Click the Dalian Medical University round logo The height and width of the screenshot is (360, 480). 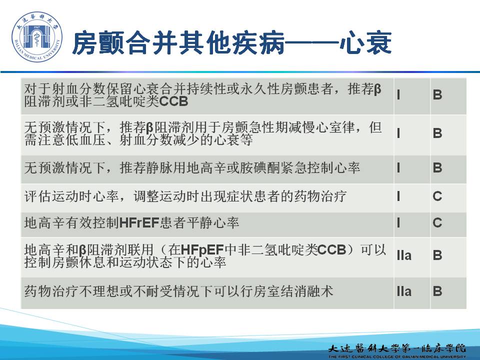(x=36, y=36)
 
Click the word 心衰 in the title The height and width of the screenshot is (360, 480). (x=365, y=43)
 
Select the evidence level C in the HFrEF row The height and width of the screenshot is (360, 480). (x=437, y=222)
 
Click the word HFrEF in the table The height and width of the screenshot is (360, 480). (x=139, y=222)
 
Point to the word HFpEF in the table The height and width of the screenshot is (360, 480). (x=202, y=250)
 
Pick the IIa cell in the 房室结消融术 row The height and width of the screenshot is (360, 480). (x=404, y=291)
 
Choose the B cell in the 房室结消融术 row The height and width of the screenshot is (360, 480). (x=437, y=291)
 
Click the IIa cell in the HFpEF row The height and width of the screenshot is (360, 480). (x=404, y=255)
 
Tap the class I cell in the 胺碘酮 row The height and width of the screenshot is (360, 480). (x=398, y=168)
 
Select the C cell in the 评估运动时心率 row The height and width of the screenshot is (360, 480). (x=437, y=196)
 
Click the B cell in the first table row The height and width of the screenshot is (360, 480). (x=437, y=95)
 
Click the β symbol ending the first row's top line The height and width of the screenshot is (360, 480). (x=377, y=89)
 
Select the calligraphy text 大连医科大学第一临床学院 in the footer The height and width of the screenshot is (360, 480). (x=397, y=348)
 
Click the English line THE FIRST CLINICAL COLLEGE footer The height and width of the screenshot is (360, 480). (x=397, y=356)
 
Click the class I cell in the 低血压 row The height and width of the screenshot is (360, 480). (x=398, y=133)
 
